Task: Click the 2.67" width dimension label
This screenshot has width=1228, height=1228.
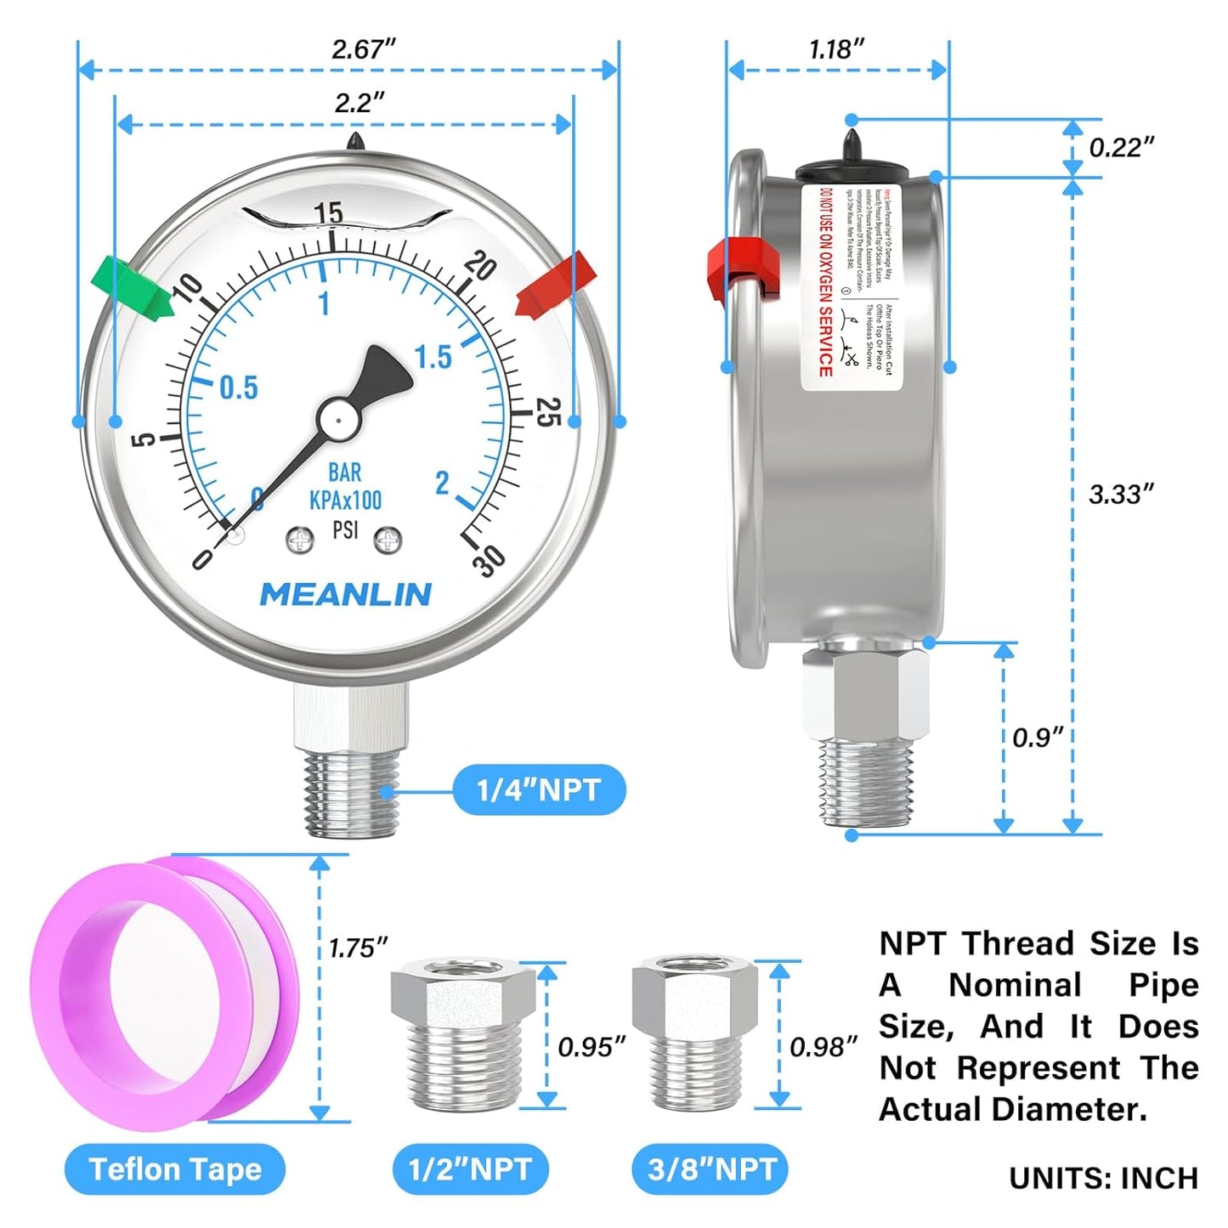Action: coord(364,49)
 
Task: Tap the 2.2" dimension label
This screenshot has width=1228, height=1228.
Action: coord(359,103)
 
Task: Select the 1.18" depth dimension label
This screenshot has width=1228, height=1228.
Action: coord(836,49)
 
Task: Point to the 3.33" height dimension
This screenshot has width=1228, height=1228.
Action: coord(1121,494)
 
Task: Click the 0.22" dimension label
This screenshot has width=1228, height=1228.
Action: coord(1121,147)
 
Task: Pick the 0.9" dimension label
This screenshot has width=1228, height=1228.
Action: coord(1037,737)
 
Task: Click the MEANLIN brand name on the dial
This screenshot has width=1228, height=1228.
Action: coord(345,595)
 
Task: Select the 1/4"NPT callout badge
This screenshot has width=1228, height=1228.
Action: coord(539,790)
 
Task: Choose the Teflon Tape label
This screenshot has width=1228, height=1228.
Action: coord(175,1169)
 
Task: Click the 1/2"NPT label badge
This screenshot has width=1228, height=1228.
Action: coord(470,1169)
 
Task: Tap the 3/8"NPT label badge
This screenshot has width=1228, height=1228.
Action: coord(711,1169)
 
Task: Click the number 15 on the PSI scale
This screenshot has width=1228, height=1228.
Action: coord(328,213)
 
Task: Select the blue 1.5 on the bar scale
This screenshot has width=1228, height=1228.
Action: coord(433,358)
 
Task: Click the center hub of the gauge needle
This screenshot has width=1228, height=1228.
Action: coord(338,419)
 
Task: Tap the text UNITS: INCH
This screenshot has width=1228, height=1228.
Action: coord(1103,1178)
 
